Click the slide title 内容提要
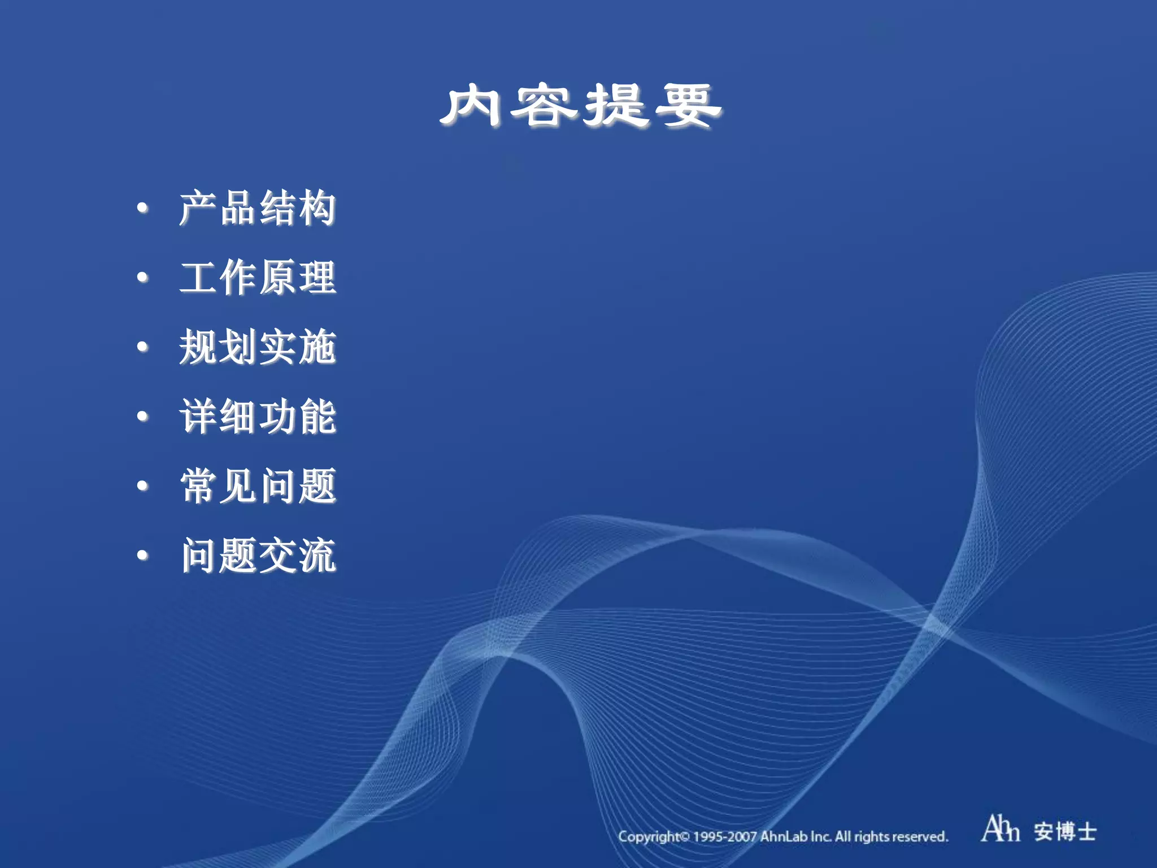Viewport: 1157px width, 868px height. click(581, 106)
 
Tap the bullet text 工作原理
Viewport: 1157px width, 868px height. click(258, 278)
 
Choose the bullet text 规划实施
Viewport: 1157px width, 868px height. click(258, 347)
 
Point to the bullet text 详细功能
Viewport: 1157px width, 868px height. click(258, 416)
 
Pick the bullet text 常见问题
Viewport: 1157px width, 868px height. click(258, 486)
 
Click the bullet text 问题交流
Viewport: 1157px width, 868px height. click(258, 555)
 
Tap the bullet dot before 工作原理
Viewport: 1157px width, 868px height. click(143, 277)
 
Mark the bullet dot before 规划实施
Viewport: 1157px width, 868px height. click(143, 347)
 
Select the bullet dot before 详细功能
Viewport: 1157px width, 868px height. click(143, 416)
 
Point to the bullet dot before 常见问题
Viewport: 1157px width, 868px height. click(143, 486)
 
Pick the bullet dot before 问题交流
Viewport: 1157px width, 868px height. click(143, 555)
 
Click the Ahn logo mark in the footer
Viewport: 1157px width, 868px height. click(1000, 829)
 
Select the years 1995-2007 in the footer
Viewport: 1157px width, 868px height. click(725, 836)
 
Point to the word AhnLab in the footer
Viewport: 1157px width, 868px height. click(783, 836)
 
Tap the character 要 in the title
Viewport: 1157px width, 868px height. click(688, 106)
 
